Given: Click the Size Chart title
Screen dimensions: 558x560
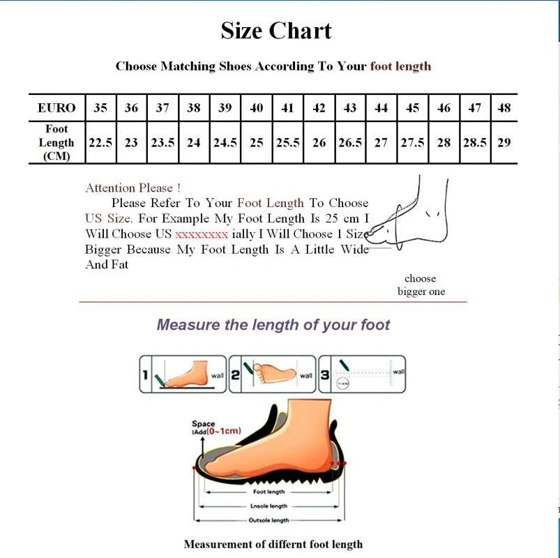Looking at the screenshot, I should pos(276,31).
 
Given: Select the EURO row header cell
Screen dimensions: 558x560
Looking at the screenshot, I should pos(56,108).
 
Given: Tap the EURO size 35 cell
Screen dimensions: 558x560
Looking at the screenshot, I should pos(100,108).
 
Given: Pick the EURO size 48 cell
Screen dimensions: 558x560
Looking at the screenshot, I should pos(504,108).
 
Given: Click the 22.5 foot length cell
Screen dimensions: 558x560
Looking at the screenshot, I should pos(100,142).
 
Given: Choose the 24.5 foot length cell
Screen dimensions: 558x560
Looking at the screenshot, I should pos(225,142).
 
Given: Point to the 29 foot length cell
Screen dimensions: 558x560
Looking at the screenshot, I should pos(504,142).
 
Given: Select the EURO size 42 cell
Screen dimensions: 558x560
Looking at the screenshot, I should pos(319,108).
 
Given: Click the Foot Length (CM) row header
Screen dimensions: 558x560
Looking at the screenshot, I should pos(56,142).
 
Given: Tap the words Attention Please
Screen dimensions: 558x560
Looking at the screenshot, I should pos(133,188).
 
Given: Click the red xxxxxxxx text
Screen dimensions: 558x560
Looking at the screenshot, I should pos(201,234).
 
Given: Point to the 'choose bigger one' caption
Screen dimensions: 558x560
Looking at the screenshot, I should pos(421,285).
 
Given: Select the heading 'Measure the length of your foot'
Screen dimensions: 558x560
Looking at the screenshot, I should pos(273,324).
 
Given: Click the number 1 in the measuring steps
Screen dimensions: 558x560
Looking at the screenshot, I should pos(146,375).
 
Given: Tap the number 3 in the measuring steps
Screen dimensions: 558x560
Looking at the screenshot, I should pos(325,375).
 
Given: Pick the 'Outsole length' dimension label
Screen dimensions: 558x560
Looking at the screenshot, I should pos(269,520).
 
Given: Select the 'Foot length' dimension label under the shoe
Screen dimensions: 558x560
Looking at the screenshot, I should pos(269,492).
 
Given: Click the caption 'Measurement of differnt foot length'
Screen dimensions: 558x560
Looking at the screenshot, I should pos(273,544).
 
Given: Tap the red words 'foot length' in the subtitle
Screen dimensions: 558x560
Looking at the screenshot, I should pos(400,66).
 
